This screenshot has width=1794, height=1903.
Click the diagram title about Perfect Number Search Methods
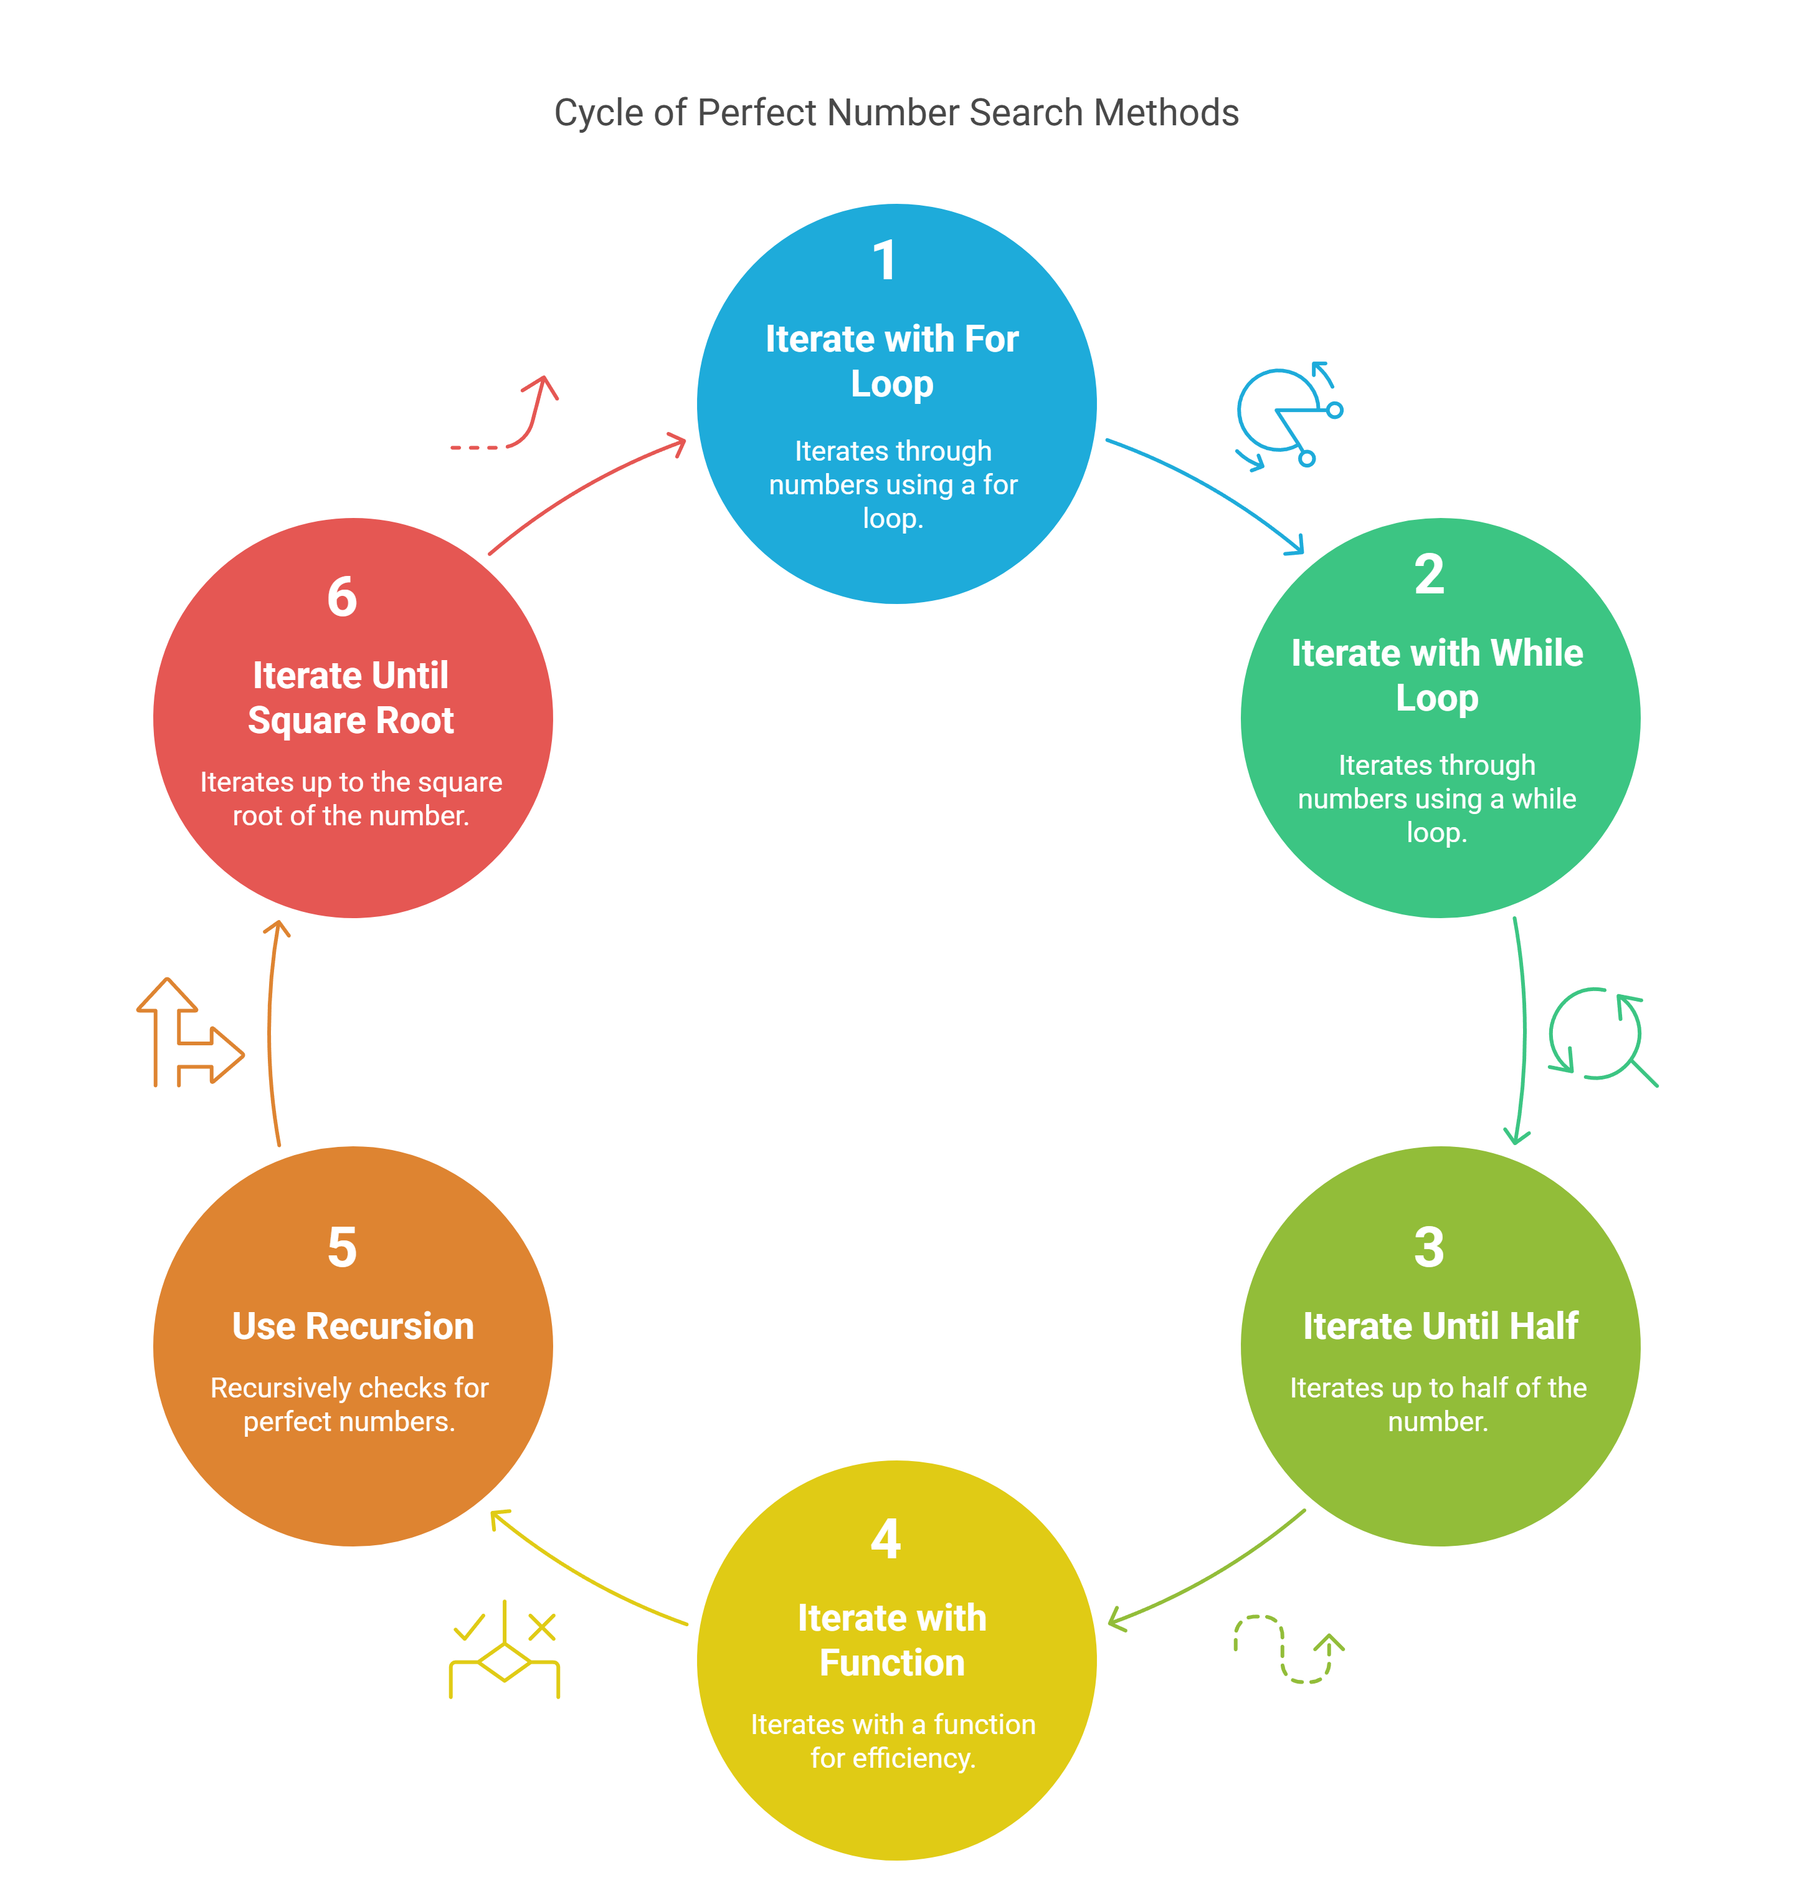[x=896, y=113]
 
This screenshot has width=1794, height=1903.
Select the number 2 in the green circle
[x=1430, y=574]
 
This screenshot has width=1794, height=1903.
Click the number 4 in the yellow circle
[x=886, y=1539]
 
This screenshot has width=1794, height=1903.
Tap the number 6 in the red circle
[x=343, y=597]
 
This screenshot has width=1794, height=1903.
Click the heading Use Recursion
[x=353, y=1326]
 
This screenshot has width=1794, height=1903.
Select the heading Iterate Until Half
[x=1440, y=1326]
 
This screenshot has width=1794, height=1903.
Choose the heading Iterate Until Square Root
[x=351, y=698]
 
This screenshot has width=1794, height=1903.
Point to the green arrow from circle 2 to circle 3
[x=1523, y=1029]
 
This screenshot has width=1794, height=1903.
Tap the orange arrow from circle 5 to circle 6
[x=270, y=1034]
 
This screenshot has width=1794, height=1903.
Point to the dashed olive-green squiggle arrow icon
[x=1289, y=1649]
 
